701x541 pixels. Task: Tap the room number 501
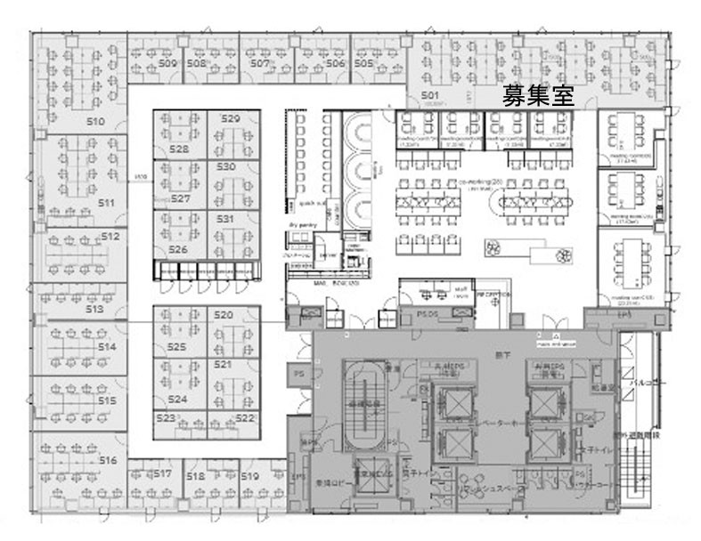pos(431,94)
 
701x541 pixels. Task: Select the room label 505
pos(363,64)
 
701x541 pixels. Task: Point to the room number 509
pos(167,64)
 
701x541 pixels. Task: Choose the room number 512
pos(110,237)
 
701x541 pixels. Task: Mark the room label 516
pos(108,460)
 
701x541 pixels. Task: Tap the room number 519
pos(249,477)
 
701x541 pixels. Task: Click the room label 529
pos(231,118)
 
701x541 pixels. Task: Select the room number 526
pos(178,250)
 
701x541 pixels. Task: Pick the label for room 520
pos(223,315)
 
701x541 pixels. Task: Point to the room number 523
pos(165,417)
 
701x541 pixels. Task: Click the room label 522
pos(244,417)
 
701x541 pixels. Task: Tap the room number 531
pos(224,218)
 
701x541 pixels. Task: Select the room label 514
pos(107,346)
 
